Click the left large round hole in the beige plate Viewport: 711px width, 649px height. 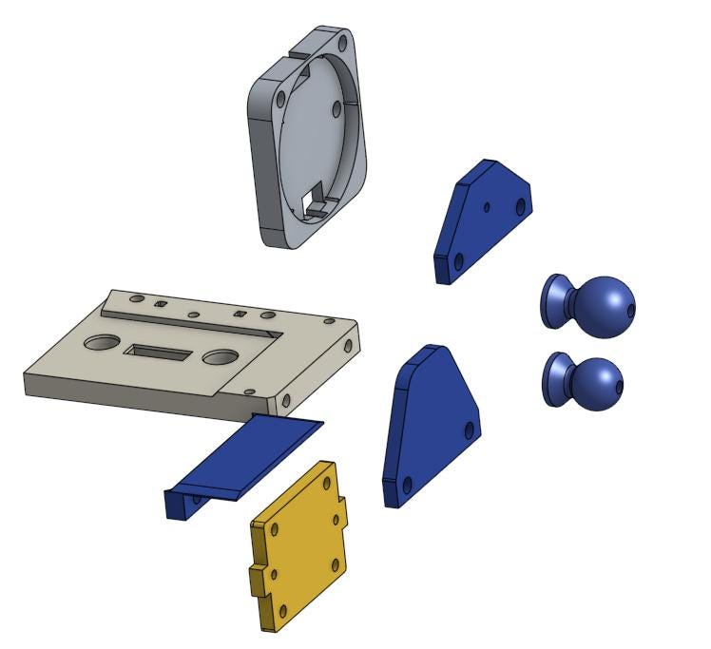click(99, 341)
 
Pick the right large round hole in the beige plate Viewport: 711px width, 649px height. click(220, 357)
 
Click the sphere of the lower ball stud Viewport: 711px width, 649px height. click(595, 383)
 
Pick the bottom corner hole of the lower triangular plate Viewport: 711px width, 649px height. click(407, 486)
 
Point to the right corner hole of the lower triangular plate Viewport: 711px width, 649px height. click(468, 429)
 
